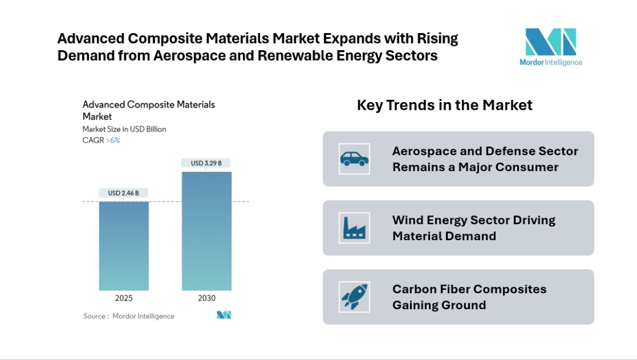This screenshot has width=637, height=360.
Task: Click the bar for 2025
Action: pyautogui.click(x=124, y=246)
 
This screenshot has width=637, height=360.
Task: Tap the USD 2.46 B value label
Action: pyautogui.click(x=124, y=193)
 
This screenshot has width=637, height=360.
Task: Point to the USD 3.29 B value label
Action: pyautogui.click(x=206, y=163)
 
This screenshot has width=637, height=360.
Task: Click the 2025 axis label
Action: pyautogui.click(x=124, y=298)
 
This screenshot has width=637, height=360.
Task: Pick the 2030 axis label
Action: pyautogui.click(x=206, y=298)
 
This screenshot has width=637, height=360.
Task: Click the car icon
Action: pyautogui.click(x=354, y=159)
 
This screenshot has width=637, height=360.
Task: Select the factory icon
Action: pyautogui.click(x=354, y=228)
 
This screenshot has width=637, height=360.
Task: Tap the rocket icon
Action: pyautogui.click(x=354, y=297)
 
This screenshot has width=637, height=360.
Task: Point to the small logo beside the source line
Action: pyautogui.click(x=224, y=315)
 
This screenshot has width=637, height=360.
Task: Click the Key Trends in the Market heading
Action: pyautogui.click(x=445, y=105)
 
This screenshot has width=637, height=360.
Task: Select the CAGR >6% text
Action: pyautogui.click(x=101, y=140)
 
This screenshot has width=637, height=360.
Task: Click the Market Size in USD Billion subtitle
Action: pyautogui.click(x=124, y=129)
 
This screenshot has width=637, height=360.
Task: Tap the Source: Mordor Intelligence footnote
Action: pyautogui.click(x=129, y=316)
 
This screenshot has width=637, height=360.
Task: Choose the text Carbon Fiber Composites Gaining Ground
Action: pyautogui.click(x=469, y=297)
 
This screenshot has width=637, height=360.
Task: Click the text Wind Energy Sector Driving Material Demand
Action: pyautogui.click(x=474, y=228)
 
